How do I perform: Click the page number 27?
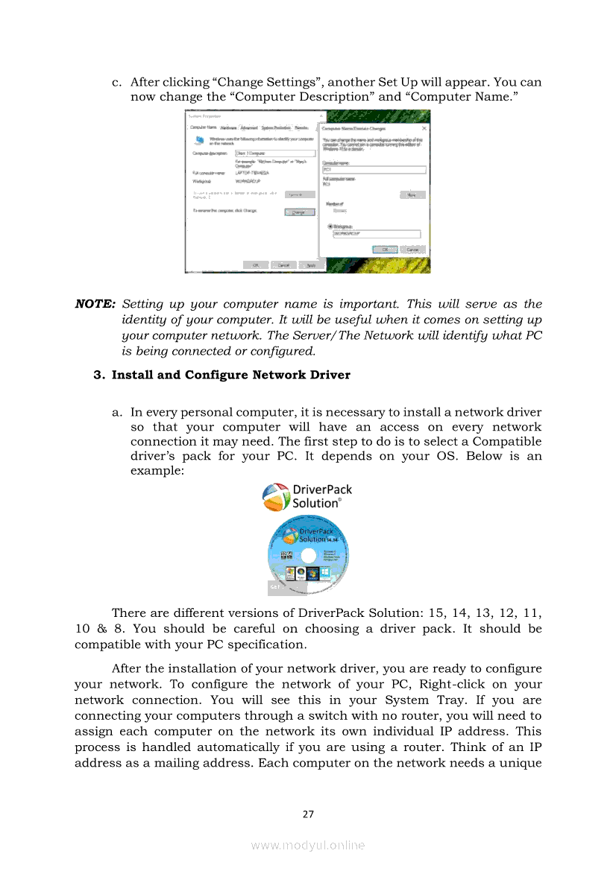coord(308,814)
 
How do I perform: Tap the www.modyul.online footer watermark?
coord(308,845)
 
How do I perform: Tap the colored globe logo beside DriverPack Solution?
coord(275,497)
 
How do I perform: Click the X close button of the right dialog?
coord(424,128)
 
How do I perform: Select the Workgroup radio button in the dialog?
coord(330,226)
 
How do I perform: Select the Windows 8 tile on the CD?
coord(325,573)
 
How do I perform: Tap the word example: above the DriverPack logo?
coord(157,473)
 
